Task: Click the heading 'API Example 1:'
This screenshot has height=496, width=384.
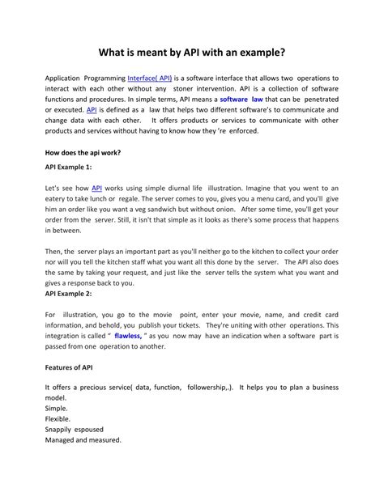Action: point(69,166)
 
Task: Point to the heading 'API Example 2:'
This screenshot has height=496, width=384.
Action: point(69,294)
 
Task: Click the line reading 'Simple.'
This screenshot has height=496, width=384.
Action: point(58,409)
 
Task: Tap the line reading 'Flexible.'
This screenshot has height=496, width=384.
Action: point(59,419)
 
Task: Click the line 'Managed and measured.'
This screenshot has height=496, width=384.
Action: point(83,440)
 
